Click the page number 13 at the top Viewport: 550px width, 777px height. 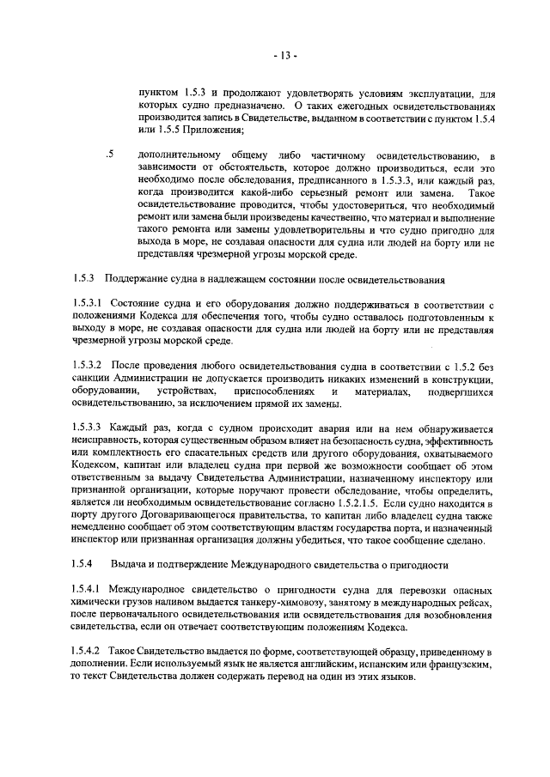(x=284, y=58)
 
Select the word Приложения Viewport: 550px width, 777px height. (x=208, y=131)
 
